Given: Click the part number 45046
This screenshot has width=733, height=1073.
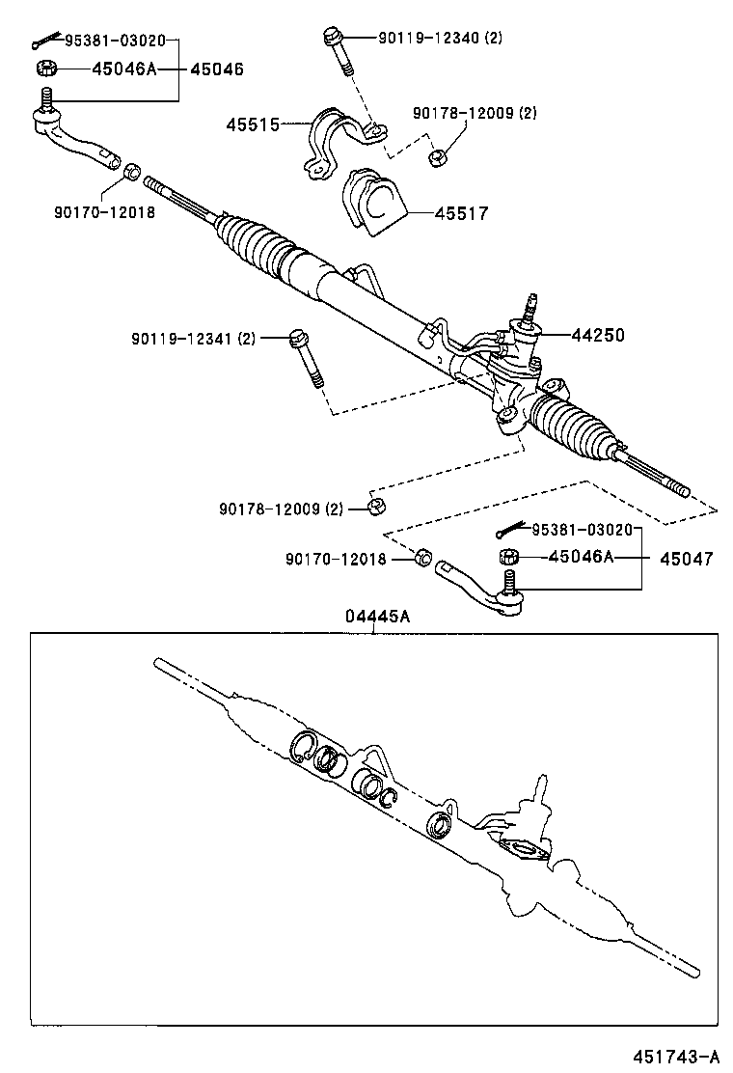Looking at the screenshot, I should point(217,69).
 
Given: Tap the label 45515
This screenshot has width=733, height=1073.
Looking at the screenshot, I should point(253,124).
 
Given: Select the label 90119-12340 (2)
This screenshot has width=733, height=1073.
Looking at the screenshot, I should point(440,39).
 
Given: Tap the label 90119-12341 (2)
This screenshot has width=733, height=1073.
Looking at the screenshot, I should point(193,339).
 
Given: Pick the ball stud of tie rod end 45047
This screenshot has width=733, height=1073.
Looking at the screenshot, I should point(509,584).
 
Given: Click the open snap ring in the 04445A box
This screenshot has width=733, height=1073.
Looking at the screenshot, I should point(389,796).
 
